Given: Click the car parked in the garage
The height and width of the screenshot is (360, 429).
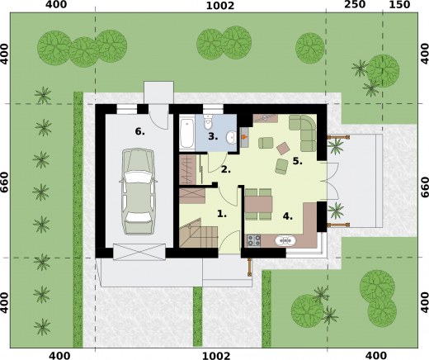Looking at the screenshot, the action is [138, 192].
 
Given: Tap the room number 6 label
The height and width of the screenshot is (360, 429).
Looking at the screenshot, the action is [139, 132].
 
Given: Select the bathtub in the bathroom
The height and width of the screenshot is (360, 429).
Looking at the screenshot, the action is [187, 133].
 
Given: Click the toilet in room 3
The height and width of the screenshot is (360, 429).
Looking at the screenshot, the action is [209, 122].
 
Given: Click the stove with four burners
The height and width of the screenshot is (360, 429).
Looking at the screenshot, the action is [254, 240].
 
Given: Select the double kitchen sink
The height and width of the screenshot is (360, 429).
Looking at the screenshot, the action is [285, 241].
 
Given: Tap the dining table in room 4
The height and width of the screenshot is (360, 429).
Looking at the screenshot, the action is [258, 204].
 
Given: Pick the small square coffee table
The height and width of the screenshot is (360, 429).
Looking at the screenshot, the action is [283, 148].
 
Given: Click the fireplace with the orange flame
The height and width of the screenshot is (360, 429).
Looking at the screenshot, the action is [244, 137].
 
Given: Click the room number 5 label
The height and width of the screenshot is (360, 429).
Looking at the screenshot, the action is [297, 161].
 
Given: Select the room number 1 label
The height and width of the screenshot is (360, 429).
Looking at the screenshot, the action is [222, 214].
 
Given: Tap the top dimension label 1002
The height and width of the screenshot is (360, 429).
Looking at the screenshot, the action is [220, 6].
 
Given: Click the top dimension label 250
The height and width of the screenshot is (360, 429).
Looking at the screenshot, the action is [355, 5].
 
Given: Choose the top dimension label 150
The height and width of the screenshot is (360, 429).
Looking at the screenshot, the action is [399, 5].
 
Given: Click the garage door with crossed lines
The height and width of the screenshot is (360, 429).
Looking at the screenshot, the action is [139, 252].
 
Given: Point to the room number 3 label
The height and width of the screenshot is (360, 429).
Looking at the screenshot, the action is [213, 136].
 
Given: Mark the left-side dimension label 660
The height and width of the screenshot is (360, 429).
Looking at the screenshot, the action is [5, 182].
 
